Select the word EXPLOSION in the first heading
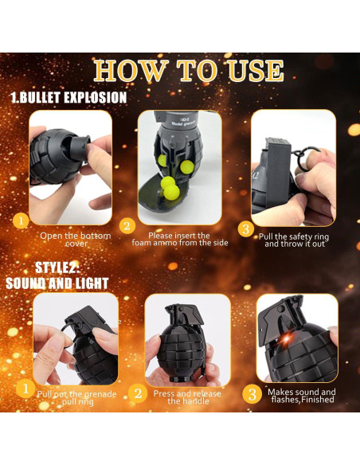point(96,98)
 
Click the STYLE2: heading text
point(57,268)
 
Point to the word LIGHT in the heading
point(92,283)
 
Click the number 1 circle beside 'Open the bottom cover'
point(21,221)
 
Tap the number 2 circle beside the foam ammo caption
point(127,226)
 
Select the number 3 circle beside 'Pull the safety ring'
point(246,229)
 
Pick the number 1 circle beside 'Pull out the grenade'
point(25,389)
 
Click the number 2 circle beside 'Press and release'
point(138,393)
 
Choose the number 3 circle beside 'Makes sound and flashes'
point(252,394)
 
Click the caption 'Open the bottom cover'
point(76,240)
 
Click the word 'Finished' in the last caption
point(318,400)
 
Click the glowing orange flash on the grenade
point(287,338)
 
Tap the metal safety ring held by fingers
point(305,158)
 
